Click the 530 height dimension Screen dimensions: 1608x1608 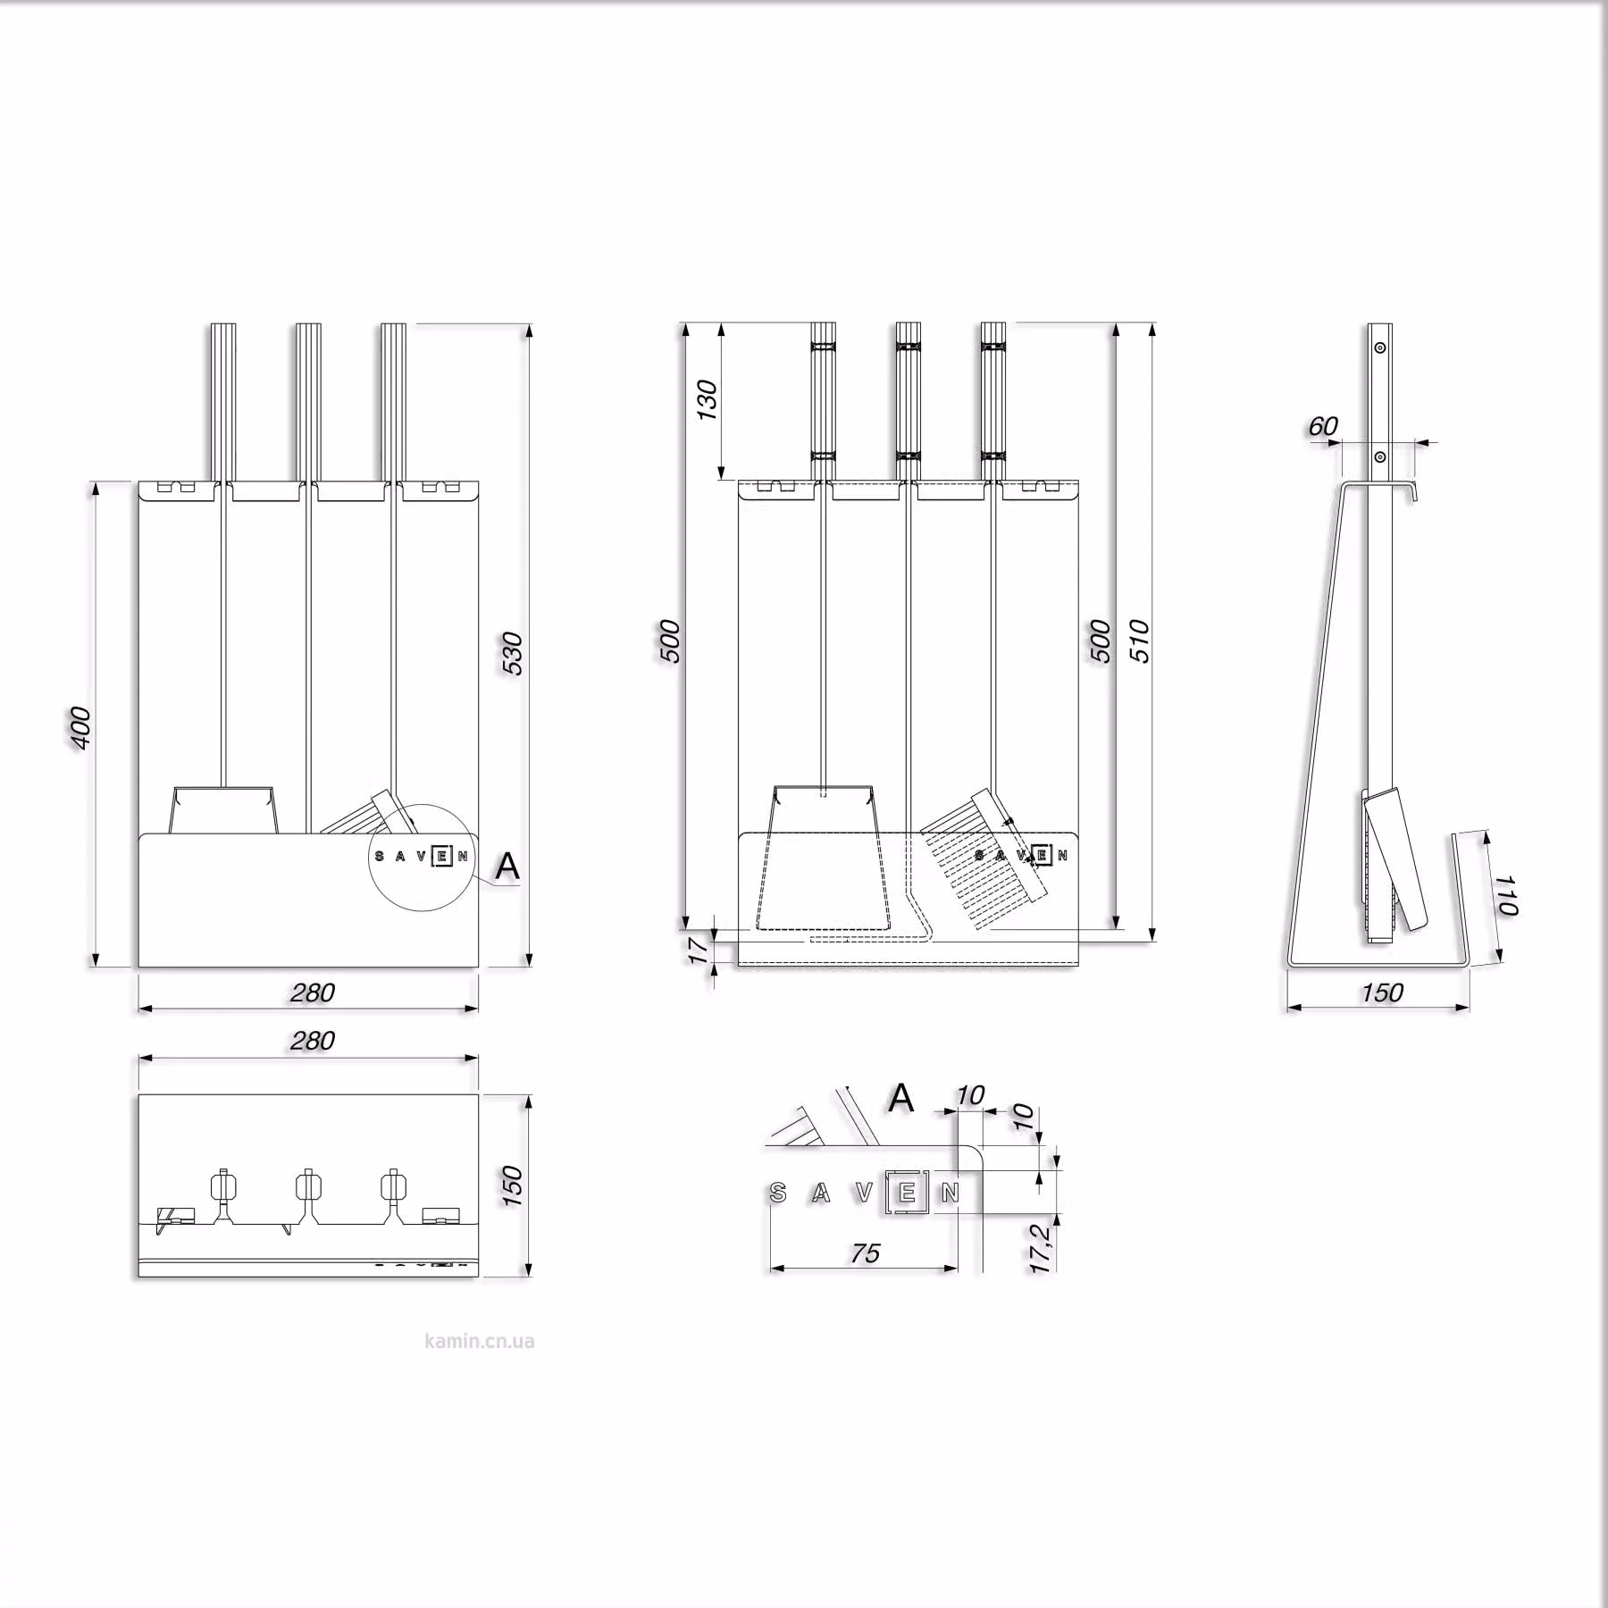pos(511,652)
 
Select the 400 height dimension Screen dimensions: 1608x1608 pos(80,727)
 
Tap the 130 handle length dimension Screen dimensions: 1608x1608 pos(707,400)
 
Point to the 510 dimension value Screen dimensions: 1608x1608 pos(1141,641)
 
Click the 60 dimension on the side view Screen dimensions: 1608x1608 pos(1323,426)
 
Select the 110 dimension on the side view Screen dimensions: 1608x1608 pos(1507,895)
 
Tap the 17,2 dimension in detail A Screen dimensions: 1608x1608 pos(1041,1248)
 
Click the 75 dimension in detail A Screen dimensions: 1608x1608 pos(865,1253)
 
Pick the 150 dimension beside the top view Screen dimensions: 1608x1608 pos(512,1185)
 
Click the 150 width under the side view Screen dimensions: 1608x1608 pos(1382,992)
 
